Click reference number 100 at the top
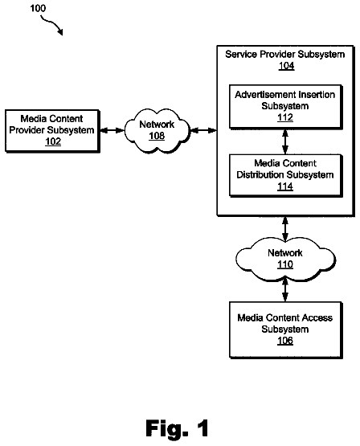[x=38, y=8]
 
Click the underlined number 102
[x=53, y=141]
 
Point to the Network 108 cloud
[x=157, y=131]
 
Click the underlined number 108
[x=157, y=136]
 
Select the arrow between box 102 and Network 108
[x=112, y=130]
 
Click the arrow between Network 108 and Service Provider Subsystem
[x=203, y=130]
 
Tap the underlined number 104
[x=286, y=66]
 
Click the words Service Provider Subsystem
[x=285, y=54]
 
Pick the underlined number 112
[x=285, y=117]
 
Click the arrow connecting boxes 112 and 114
[x=285, y=141]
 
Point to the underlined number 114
[x=285, y=186]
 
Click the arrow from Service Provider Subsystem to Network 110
[x=285, y=229]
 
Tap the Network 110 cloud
[x=285, y=260]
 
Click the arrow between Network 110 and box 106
[x=285, y=290]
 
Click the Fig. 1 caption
[x=177, y=428]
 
